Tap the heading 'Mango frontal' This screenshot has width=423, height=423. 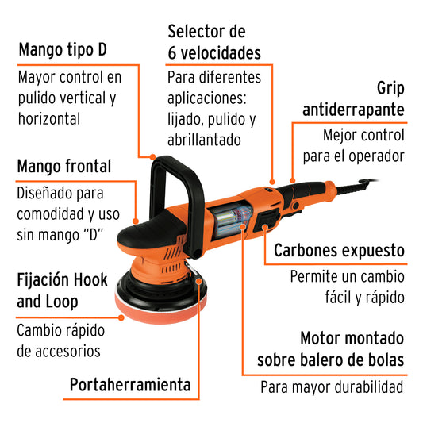click(x=64, y=167)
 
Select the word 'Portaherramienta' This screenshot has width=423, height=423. click(x=130, y=385)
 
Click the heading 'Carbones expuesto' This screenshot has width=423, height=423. click(x=339, y=251)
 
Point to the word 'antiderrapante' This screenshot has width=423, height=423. click(x=349, y=109)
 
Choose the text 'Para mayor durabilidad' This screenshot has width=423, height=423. click(x=333, y=387)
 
